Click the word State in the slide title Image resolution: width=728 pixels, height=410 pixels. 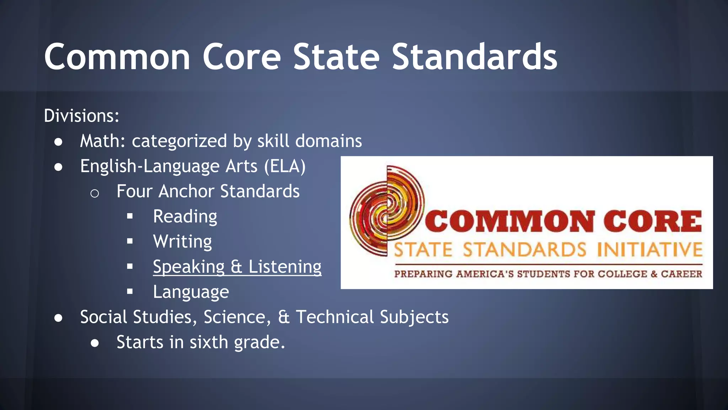click(336, 57)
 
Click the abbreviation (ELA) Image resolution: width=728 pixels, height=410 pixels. click(284, 167)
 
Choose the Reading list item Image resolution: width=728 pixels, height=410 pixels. click(185, 216)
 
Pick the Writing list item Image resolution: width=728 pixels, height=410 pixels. click(182, 242)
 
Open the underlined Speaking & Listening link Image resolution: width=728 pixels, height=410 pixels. click(237, 267)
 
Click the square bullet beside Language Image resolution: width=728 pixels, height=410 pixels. click(130, 292)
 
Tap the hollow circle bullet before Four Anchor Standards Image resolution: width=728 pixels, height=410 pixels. click(95, 193)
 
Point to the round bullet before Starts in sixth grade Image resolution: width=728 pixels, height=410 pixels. click(95, 343)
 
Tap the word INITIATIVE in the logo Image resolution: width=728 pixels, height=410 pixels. click(649, 249)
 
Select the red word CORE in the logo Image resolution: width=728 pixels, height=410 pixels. click(653, 221)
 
